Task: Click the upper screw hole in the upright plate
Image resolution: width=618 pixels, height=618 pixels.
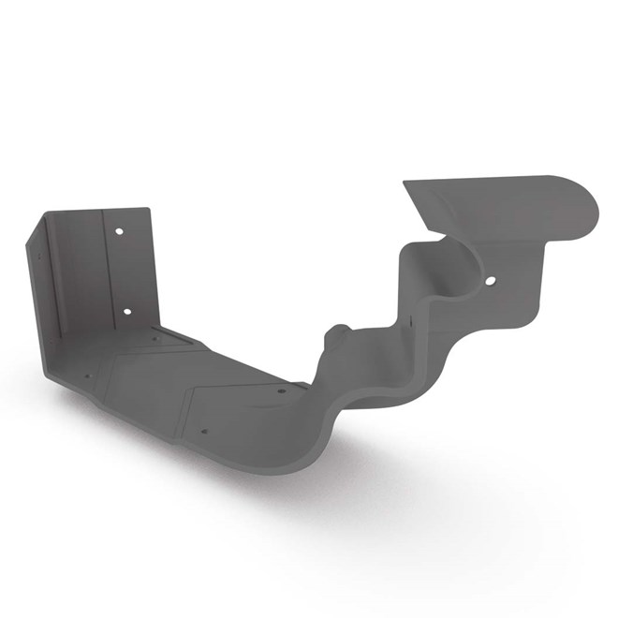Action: pos(119,229)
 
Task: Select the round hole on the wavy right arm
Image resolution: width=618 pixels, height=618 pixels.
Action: pos(489,278)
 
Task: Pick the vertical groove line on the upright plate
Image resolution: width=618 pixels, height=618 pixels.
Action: pos(105,272)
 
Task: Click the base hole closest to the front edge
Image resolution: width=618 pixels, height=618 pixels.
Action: pos(205,433)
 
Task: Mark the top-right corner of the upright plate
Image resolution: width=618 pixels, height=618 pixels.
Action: pos(146,210)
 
